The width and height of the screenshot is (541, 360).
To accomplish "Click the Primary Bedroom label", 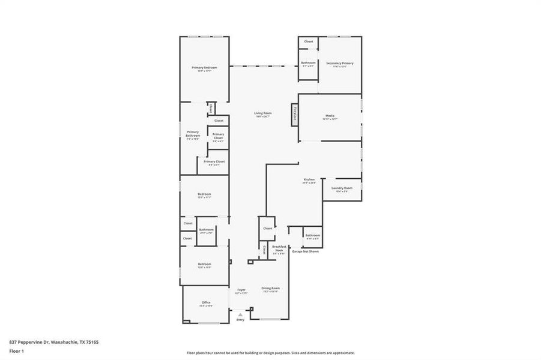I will click(204, 68).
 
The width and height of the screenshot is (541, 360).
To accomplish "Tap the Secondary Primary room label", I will click(339, 63).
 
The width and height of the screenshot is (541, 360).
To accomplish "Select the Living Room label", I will click(262, 113).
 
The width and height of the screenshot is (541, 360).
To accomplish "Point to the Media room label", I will click(330, 116).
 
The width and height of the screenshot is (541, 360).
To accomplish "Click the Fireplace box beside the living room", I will click(295, 113).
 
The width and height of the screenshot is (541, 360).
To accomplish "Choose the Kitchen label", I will click(309, 179).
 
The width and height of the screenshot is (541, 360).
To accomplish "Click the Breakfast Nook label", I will click(279, 248).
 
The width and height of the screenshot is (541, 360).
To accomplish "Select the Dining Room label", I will click(270, 289).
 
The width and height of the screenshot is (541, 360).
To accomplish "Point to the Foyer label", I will click(241, 290).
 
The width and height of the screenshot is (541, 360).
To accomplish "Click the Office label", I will click(206, 302).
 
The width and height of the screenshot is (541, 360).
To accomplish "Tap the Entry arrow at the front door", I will click(240, 314).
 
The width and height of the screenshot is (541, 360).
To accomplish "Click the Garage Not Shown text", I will click(305, 251).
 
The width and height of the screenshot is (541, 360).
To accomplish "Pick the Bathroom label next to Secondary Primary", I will click(308, 63).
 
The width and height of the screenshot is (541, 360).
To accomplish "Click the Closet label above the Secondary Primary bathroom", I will click(308, 41).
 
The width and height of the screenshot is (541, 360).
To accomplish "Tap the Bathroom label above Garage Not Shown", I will click(312, 236).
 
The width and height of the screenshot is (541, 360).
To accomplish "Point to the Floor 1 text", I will click(17, 350).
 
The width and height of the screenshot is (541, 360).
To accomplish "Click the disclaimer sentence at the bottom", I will click(270, 353).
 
